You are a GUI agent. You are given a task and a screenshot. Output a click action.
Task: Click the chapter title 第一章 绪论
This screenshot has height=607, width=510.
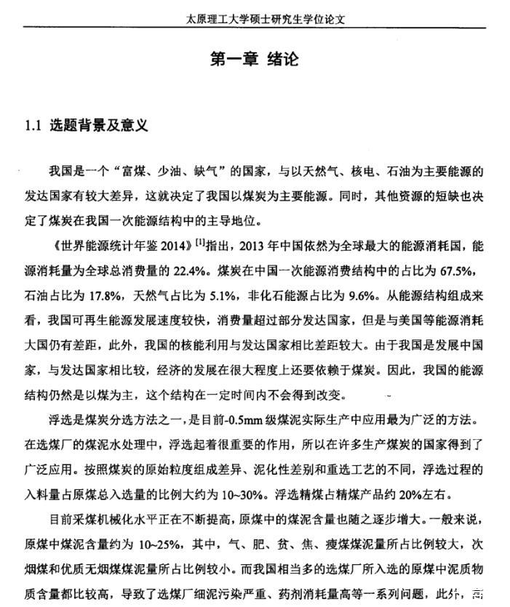click(x=254, y=59)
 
